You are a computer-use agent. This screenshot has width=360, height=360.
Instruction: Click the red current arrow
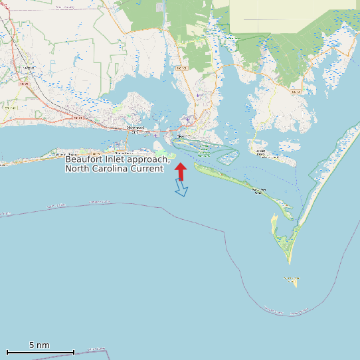click(x=180, y=169)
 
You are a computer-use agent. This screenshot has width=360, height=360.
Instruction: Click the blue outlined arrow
click(x=181, y=189)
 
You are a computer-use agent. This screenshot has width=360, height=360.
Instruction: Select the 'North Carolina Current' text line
click(x=114, y=169)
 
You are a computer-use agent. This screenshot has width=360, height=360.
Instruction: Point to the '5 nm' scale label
click(x=39, y=345)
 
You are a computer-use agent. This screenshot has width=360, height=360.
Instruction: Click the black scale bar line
click(x=40, y=352)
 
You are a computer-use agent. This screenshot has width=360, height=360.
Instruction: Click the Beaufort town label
click(x=181, y=137)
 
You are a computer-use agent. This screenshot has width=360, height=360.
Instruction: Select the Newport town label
click(x=28, y=68)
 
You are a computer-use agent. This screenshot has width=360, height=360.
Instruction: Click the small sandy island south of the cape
click(x=292, y=281)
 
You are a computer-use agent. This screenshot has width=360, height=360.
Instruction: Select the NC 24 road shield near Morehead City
click(x=78, y=118)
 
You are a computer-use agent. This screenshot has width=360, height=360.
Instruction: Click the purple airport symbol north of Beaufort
click(x=189, y=120)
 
